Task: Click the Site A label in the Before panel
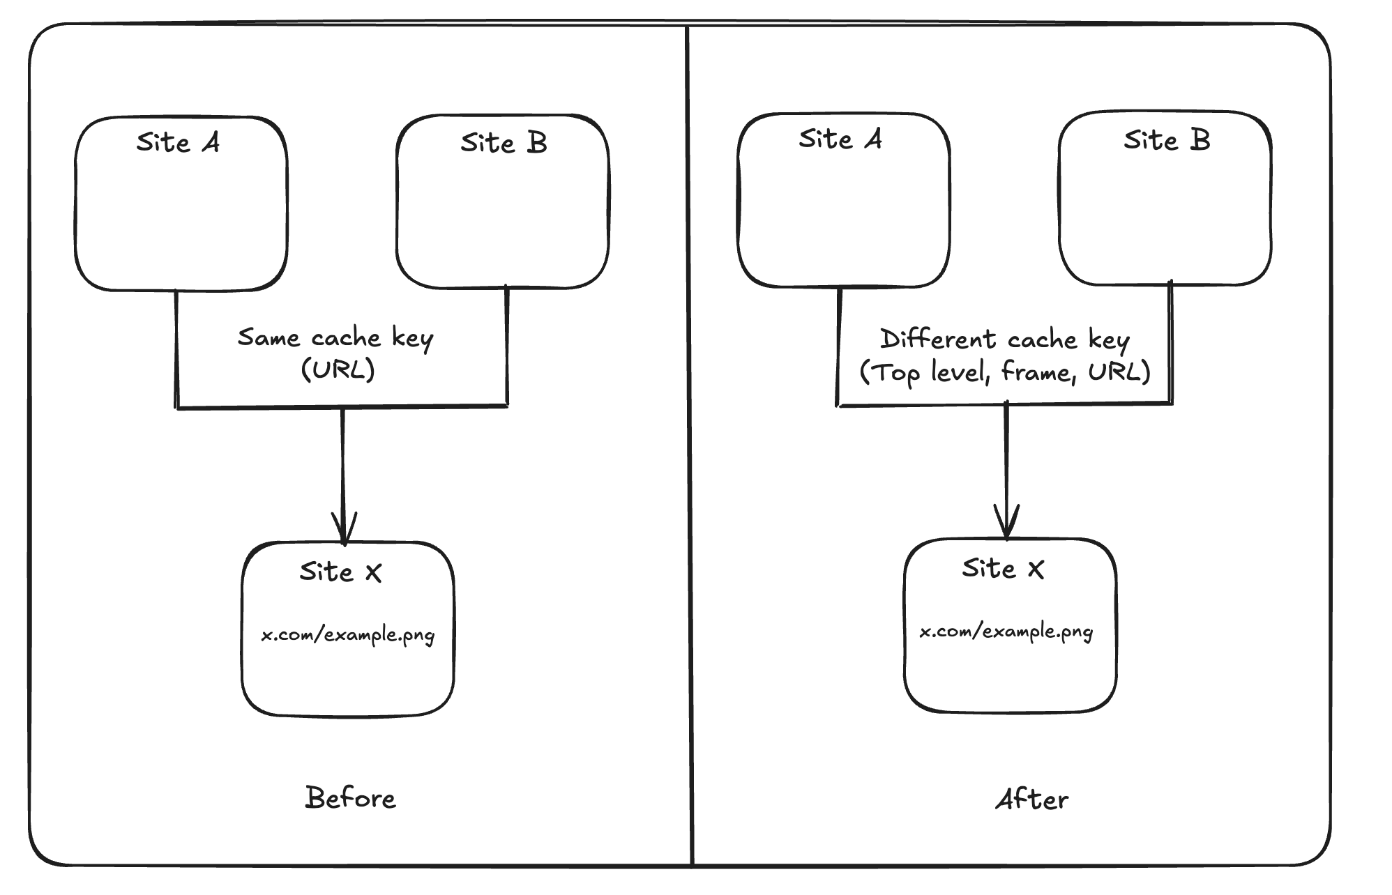179,142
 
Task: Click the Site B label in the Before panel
504,143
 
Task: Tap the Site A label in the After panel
840,139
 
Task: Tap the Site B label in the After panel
1166,140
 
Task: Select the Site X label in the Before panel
341,572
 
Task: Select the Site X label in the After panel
1003,569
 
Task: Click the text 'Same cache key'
335,338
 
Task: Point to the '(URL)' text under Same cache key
338,369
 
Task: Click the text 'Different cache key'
1004,339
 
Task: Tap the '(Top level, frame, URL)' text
1005,372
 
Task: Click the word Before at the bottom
350,798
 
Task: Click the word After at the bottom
1031,800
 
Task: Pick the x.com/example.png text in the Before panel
348,636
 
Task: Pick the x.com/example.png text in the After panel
1006,632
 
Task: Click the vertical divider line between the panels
690,446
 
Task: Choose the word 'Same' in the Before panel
268,338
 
